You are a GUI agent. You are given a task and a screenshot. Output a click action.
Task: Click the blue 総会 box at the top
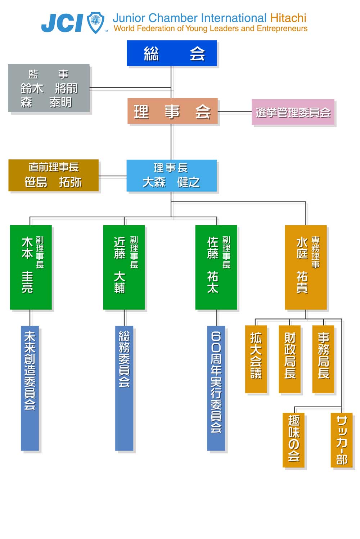click(172, 53)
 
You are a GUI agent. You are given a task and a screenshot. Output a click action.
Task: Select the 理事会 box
click(172, 111)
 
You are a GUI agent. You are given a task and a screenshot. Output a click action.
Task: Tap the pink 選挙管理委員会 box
click(293, 112)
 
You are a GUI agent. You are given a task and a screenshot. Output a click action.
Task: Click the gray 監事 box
click(49, 88)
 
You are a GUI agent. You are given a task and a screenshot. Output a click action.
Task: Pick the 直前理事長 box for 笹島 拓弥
click(53, 175)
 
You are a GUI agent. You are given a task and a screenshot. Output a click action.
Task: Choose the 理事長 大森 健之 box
click(171, 176)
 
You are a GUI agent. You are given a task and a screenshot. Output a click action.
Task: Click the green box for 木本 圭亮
click(31, 267)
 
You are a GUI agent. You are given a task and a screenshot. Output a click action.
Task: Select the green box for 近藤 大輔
click(124, 267)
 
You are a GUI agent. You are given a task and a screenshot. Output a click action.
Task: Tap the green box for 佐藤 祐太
click(216, 267)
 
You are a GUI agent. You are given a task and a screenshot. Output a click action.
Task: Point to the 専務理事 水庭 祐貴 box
click(306, 267)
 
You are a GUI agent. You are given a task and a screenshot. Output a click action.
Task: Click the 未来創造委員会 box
click(30, 388)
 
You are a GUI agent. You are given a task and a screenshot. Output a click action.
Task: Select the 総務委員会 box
click(124, 388)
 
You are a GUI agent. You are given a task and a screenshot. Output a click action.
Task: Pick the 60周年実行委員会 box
click(216, 388)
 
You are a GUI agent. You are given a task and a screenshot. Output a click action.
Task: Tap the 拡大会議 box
click(256, 359)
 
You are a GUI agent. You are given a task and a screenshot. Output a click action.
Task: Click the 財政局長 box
click(289, 359)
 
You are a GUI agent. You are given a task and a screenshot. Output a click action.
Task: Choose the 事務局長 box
click(323, 359)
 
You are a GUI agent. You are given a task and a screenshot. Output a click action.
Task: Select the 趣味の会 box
click(293, 440)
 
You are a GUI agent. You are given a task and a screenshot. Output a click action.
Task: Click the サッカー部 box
click(341, 440)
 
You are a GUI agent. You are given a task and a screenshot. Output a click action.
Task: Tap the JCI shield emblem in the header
click(96, 22)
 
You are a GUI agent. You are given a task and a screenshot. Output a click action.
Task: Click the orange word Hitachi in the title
click(288, 18)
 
